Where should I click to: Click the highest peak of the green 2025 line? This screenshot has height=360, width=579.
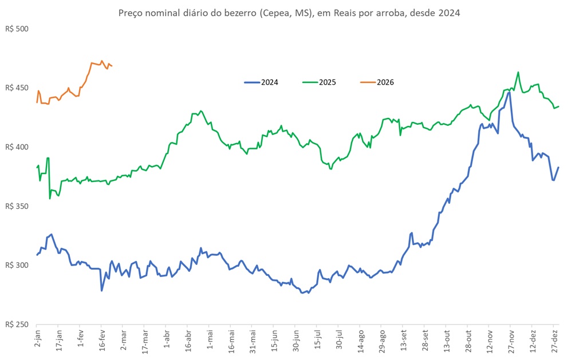[x=518, y=72]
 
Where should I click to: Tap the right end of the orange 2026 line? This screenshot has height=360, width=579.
[x=112, y=66]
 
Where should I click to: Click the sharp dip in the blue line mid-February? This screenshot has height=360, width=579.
[x=102, y=290]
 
